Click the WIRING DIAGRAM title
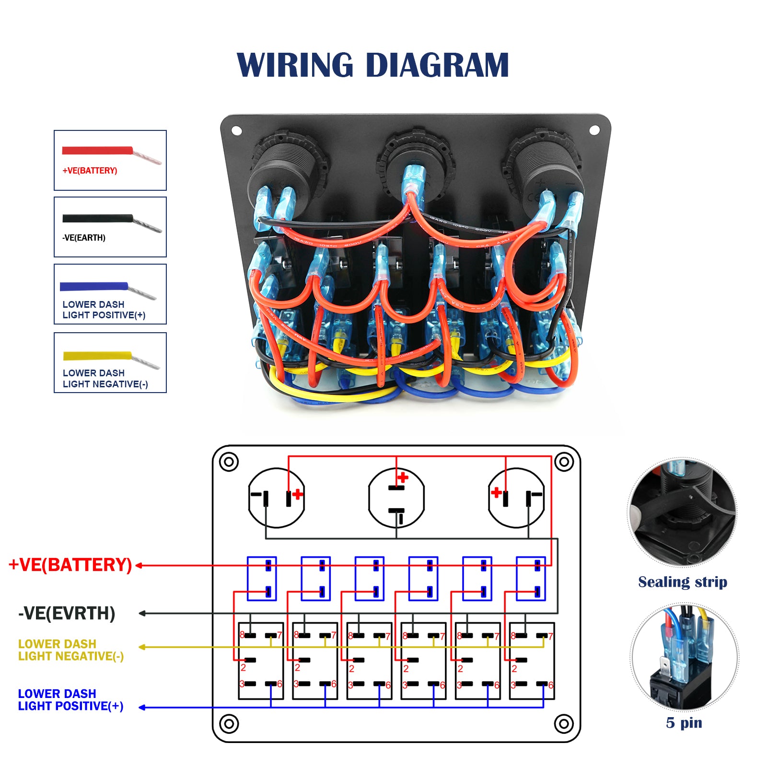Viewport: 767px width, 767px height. (x=372, y=65)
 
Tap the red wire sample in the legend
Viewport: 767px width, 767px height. (x=98, y=151)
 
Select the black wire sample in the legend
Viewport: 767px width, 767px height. (x=98, y=219)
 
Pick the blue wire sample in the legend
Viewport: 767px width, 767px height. (x=94, y=287)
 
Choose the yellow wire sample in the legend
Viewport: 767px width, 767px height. (x=97, y=356)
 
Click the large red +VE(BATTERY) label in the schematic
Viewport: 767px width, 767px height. (x=70, y=565)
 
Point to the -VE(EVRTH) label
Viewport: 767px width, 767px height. (x=67, y=613)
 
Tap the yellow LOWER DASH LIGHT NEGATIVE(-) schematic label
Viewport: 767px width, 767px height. (x=70, y=650)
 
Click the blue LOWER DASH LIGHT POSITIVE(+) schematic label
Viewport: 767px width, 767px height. (x=70, y=700)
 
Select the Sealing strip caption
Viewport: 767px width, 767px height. (x=683, y=582)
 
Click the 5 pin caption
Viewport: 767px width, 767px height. (x=684, y=723)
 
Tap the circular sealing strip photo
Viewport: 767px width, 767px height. (x=683, y=512)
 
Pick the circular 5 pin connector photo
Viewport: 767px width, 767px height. (x=684, y=657)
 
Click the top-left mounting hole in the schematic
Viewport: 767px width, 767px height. (x=229, y=462)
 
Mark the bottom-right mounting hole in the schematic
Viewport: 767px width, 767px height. (x=564, y=723)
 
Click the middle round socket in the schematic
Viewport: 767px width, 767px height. (x=396, y=498)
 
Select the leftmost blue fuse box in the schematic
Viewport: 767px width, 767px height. (x=262, y=579)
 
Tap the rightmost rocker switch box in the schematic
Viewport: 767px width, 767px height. (x=532, y=661)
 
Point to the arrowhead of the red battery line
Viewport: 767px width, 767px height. (x=139, y=566)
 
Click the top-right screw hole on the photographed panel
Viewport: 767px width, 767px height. (x=594, y=130)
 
